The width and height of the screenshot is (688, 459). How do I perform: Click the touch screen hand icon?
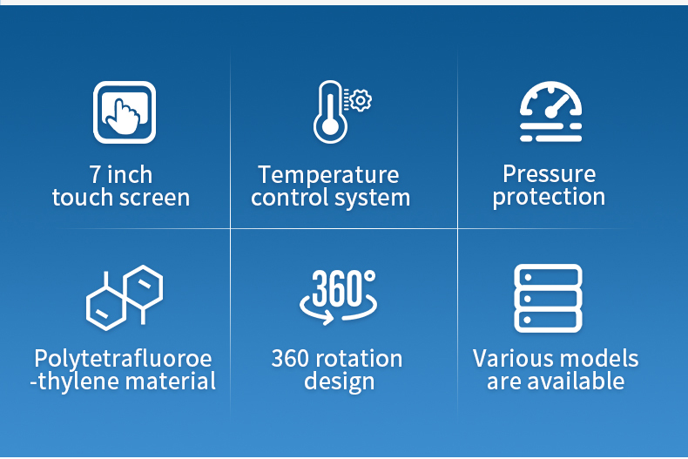tap(125, 112)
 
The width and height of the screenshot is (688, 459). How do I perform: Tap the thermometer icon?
tap(330, 112)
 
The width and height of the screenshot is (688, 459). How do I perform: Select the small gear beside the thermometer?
tap(361, 100)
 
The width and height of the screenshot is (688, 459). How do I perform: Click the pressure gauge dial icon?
tap(551, 111)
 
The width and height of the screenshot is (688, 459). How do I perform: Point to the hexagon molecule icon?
tap(125, 298)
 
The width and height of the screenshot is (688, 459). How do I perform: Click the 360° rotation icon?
tap(338, 297)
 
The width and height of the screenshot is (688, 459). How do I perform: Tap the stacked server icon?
tap(548, 298)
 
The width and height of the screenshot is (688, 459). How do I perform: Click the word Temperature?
tap(328, 175)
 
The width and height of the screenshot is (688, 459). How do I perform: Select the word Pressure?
tap(550, 174)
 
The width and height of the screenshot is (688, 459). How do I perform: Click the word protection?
tap(549, 197)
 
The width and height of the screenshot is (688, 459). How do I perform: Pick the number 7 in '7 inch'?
tap(95, 175)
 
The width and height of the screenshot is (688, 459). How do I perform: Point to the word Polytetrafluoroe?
tap(124, 359)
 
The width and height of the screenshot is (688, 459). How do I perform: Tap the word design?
tap(339, 381)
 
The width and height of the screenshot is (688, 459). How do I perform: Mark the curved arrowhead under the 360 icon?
tap(327, 317)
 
